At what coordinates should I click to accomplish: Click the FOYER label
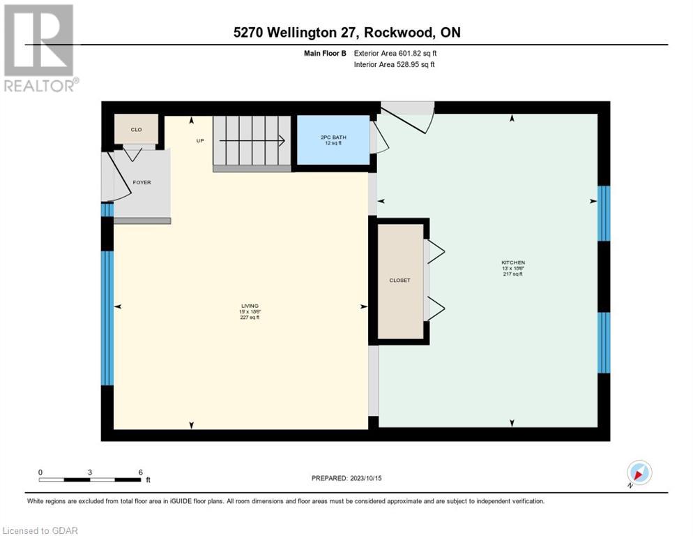point(142,182)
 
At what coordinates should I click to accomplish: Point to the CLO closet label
point(137,129)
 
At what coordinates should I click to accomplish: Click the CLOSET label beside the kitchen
point(399,281)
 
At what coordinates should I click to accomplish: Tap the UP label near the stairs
point(200,140)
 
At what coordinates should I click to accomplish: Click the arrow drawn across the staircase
point(252,140)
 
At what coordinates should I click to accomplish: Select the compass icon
point(639,472)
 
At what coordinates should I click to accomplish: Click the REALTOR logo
point(39,47)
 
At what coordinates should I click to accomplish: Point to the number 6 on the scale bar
point(140,472)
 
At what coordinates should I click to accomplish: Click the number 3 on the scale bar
point(90,472)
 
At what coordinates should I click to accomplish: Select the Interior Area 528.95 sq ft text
point(395,65)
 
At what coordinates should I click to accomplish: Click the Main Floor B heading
point(328,53)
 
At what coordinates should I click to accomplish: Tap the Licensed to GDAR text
point(40,530)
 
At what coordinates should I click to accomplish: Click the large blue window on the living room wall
point(107,318)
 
